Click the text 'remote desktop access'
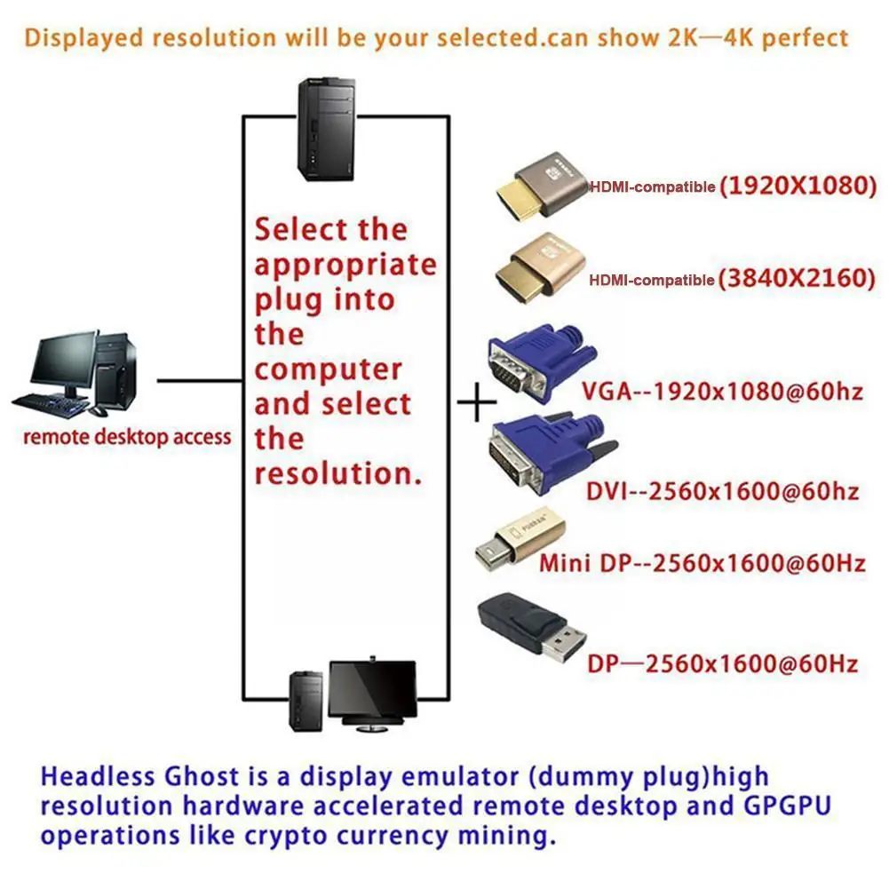coord(126,437)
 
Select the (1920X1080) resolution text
coord(798,187)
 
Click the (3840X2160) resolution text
coord(798,278)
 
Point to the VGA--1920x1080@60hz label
coord(722,392)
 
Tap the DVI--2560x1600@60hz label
coord(722,491)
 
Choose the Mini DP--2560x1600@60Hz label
coord(702,563)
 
